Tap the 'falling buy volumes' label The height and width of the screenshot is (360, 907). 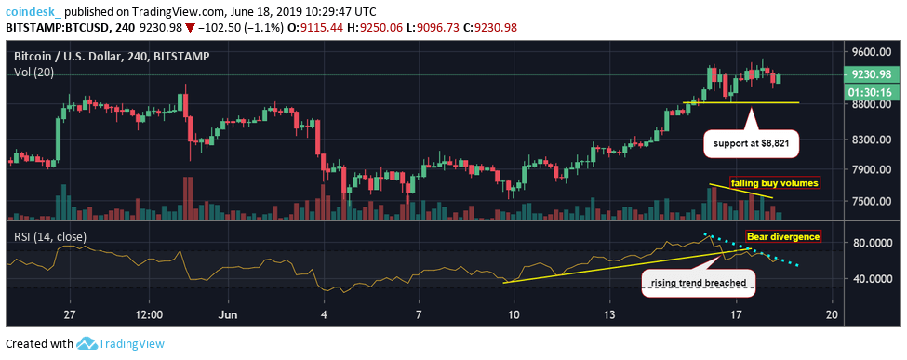point(773,183)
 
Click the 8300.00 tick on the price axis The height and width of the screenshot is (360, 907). point(868,140)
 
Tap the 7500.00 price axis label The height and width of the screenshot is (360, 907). point(868,201)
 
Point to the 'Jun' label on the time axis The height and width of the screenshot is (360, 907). point(227,314)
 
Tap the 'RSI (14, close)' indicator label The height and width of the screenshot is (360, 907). point(50,235)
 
